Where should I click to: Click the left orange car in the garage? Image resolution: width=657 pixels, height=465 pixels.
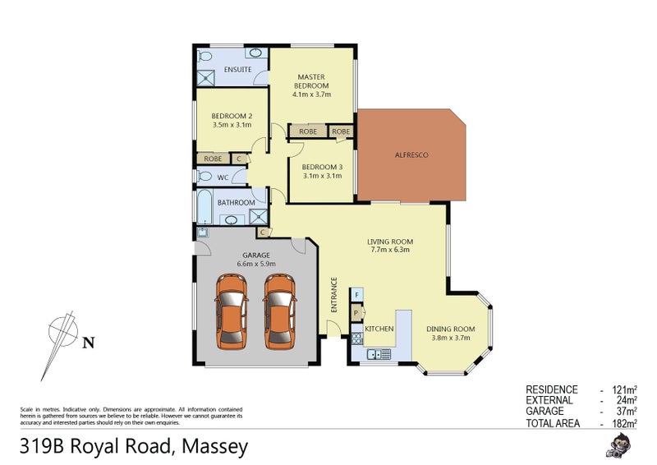click(x=231, y=311)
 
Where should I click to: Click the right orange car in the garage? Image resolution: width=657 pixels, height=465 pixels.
click(x=279, y=311)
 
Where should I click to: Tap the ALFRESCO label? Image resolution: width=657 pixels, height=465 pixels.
click(x=411, y=155)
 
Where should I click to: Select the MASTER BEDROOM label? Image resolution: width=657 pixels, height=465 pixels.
click(x=312, y=81)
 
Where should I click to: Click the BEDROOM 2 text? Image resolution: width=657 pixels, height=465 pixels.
click(x=231, y=116)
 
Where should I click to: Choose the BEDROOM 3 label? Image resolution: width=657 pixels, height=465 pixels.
click(x=322, y=167)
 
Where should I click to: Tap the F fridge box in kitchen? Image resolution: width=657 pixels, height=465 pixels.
click(x=357, y=294)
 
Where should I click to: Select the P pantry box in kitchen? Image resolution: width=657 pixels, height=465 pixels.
click(x=357, y=313)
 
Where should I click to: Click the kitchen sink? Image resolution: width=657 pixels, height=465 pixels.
click(x=379, y=354)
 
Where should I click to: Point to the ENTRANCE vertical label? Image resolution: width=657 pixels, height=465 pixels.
click(x=334, y=294)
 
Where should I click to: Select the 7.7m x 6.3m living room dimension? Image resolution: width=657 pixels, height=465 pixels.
click(x=390, y=250)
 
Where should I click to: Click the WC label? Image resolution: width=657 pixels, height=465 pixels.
click(x=223, y=177)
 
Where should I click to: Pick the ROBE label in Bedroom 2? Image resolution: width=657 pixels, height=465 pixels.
click(x=212, y=159)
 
